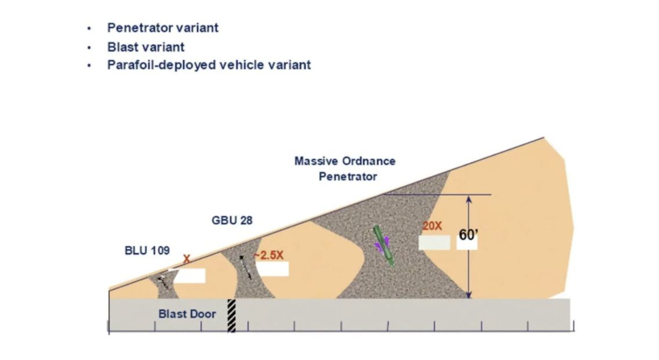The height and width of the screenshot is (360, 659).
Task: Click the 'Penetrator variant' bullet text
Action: [163, 28]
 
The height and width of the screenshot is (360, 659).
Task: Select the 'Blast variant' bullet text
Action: [146, 46]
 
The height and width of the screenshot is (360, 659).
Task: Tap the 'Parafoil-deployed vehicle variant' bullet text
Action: [209, 64]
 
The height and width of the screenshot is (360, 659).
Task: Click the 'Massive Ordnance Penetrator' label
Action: [345, 168]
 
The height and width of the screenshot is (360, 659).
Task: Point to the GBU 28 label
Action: [232, 221]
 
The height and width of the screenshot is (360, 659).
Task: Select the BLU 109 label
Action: [147, 250]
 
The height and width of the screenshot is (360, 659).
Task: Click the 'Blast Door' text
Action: [187, 314]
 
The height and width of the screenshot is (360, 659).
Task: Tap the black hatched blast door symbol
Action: [231, 315]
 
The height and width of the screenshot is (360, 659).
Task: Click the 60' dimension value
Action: [468, 235]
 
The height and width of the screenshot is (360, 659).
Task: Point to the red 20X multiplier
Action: [432, 226]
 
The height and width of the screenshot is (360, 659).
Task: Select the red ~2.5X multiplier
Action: [269, 255]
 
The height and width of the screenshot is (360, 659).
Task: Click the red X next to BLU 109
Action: [186, 259]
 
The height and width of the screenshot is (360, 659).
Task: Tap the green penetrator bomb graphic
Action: [384, 246]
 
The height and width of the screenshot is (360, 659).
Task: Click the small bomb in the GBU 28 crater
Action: [245, 267]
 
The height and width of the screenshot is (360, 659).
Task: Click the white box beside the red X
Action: [187, 276]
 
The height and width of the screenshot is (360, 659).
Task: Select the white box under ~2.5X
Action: [273, 269]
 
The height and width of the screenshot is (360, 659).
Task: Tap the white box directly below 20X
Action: [434, 243]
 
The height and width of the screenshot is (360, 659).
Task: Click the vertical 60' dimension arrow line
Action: [469, 247]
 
